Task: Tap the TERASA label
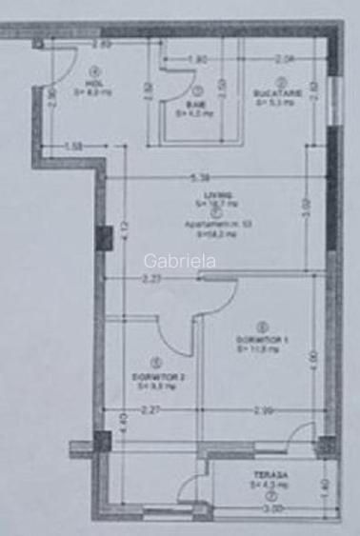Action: coord(270,475)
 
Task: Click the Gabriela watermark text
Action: coord(178,258)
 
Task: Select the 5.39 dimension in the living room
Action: coord(198,176)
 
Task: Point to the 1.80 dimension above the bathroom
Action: coord(196,60)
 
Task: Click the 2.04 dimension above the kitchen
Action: coord(283,60)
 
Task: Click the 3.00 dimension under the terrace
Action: coord(272,509)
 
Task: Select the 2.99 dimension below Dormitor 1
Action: coord(264,410)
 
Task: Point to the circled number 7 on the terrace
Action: coord(272,497)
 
